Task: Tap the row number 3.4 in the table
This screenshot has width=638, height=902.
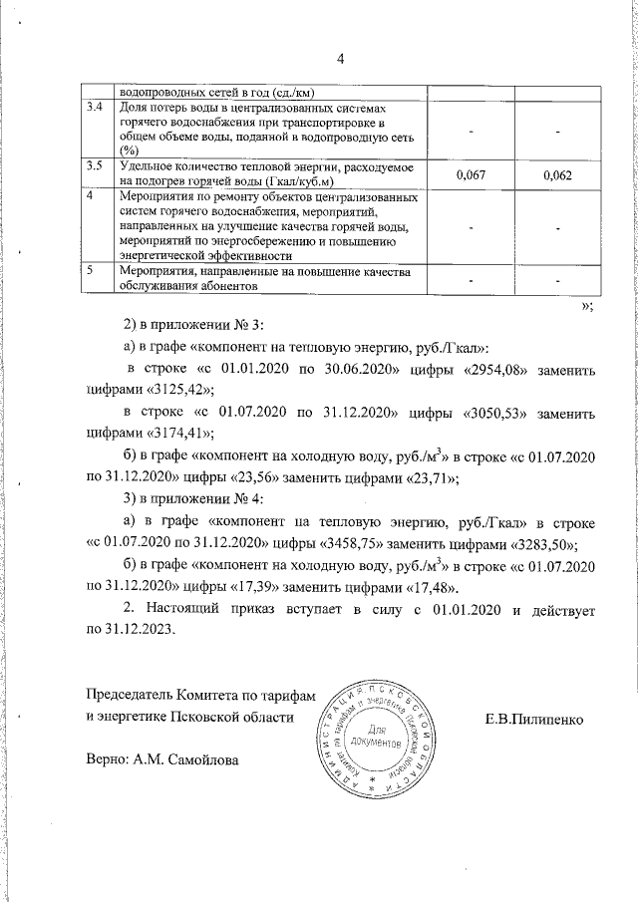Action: [96, 107]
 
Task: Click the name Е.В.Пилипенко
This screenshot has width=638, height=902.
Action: [536, 717]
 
